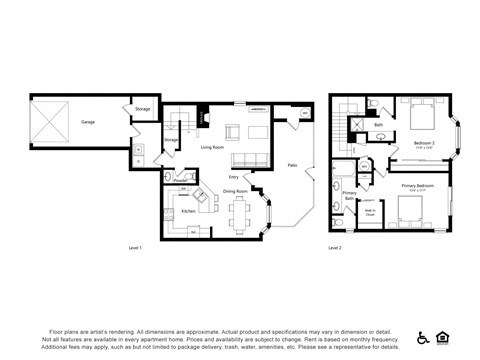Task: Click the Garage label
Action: point(88,121)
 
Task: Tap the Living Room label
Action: point(212,147)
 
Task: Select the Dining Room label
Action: point(235,191)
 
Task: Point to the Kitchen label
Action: point(187,211)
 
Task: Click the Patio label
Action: point(292,164)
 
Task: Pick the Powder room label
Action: point(181,181)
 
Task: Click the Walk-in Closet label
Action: point(369,211)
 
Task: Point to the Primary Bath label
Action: point(349,196)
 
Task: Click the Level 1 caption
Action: point(136,246)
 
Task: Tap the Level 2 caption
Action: point(335,246)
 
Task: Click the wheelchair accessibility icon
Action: point(423,337)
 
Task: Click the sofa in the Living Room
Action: point(246,160)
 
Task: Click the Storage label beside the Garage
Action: point(143,108)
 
